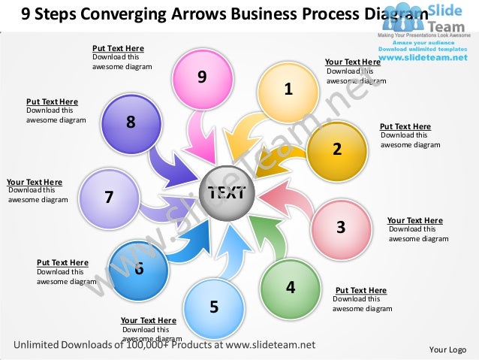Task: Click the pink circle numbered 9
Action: tap(202, 78)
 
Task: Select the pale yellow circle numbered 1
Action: tap(288, 92)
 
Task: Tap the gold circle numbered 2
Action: tap(337, 150)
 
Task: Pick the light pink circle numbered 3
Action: tap(340, 228)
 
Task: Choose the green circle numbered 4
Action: tap(291, 287)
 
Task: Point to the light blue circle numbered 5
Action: tap(214, 307)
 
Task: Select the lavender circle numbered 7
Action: tap(109, 198)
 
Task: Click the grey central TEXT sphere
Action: tap(227, 195)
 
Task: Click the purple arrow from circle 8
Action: tap(169, 167)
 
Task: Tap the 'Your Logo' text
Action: tap(447, 349)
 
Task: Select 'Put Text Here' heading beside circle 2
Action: tap(405, 127)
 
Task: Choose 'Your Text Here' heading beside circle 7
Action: tap(35, 182)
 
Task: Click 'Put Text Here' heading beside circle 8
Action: tap(52, 101)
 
